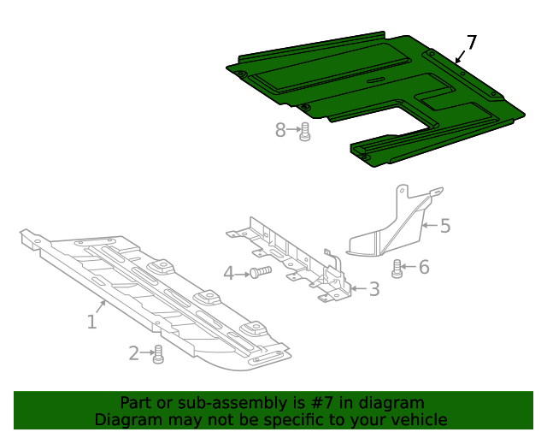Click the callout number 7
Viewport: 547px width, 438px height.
pyautogui.click(x=472, y=43)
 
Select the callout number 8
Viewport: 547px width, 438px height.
pyautogui.click(x=280, y=130)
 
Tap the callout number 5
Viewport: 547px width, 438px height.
pyautogui.click(x=444, y=226)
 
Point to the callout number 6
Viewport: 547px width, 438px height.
pyautogui.click(x=423, y=268)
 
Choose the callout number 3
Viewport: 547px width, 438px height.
pyautogui.click(x=373, y=289)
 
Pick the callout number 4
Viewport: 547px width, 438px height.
pyautogui.click(x=228, y=273)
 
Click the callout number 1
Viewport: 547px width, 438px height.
pyautogui.click(x=91, y=322)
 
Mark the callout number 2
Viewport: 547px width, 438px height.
pyautogui.click(x=134, y=352)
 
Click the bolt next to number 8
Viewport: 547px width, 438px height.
pyautogui.click(x=304, y=132)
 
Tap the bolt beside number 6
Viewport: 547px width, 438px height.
pyautogui.click(x=397, y=269)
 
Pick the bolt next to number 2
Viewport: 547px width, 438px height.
pyautogui.click(x=157, y=354)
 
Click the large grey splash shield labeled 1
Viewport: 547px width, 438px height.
pyautogui.click(x=154, y=299)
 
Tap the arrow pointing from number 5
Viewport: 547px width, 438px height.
pyautogui.click(x=429, y=226)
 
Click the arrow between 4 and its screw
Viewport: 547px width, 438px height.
pyautogui.click(x=243, y=273)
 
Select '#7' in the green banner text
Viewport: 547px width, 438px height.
pyautogui.click(x=326, y=403)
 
